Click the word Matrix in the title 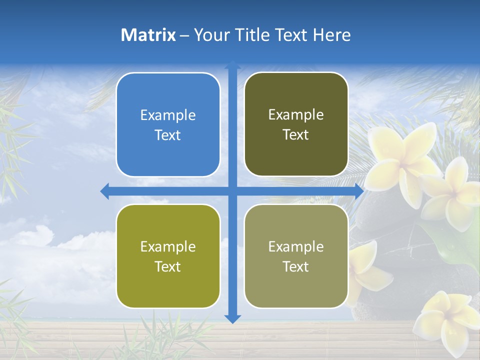point(148,35)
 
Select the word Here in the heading point(331,35)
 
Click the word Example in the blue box point(168,115)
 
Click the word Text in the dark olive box point(296,135)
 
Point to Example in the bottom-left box point(168,246)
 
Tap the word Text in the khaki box point(296,266)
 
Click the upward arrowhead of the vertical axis point(232,65)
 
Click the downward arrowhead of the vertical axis point(232,318)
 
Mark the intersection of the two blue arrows point(232,191)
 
